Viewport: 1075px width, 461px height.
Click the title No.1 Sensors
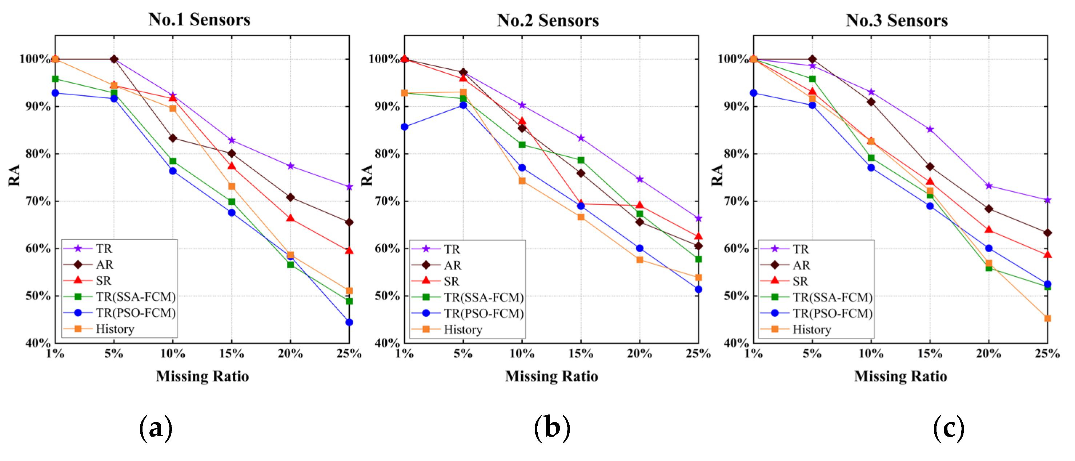[200, 20]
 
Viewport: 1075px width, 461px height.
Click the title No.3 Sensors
[897, 20]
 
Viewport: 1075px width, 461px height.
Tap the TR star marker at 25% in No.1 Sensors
[349, 187]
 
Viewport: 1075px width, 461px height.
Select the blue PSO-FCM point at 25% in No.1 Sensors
[349, 322]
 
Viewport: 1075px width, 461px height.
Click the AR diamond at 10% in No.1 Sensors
[173, 138]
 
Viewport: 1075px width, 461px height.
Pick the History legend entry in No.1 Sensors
[115, 329]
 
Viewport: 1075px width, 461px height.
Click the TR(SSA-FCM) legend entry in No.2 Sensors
[483, 297]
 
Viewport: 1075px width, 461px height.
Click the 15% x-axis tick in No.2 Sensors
[581, 354]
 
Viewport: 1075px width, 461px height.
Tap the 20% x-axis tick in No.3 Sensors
[988, 354]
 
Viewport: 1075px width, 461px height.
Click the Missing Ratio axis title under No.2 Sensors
[551, 376]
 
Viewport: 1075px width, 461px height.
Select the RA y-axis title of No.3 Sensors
[717, 175]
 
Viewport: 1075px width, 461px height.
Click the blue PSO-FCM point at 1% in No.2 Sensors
[404, 127]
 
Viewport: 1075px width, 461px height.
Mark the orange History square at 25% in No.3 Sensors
[1047, 318]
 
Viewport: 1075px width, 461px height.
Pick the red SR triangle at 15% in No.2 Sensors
[581, 204]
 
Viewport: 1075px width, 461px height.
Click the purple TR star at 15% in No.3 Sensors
[930, 129]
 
